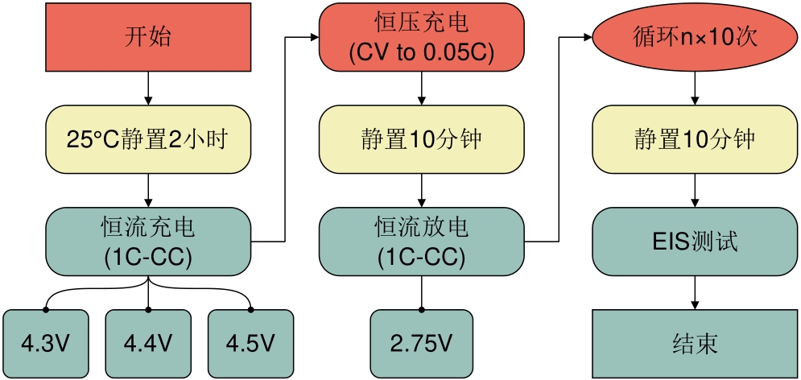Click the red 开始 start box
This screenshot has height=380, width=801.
[147, 37]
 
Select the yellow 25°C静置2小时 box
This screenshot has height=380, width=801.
[147, 139]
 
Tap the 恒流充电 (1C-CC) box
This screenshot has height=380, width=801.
[147, 242]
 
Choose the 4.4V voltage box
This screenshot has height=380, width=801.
[147, 344]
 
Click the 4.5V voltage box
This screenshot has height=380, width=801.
[250, 344]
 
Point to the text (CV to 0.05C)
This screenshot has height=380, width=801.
[421, 53]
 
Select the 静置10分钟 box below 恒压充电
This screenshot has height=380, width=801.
[421, 139]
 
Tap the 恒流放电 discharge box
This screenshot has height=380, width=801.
[421, 242]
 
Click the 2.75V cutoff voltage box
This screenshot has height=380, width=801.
[421, 344]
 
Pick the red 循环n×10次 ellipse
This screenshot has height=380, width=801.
[695, 37]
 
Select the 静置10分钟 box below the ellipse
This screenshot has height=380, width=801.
[695, 139]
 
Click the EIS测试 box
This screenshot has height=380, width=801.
[695, 242]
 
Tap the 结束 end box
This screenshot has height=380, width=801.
[695, 344]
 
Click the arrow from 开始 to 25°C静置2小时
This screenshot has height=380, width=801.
[147, 89]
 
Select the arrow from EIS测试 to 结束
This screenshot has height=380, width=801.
[695, 293]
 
